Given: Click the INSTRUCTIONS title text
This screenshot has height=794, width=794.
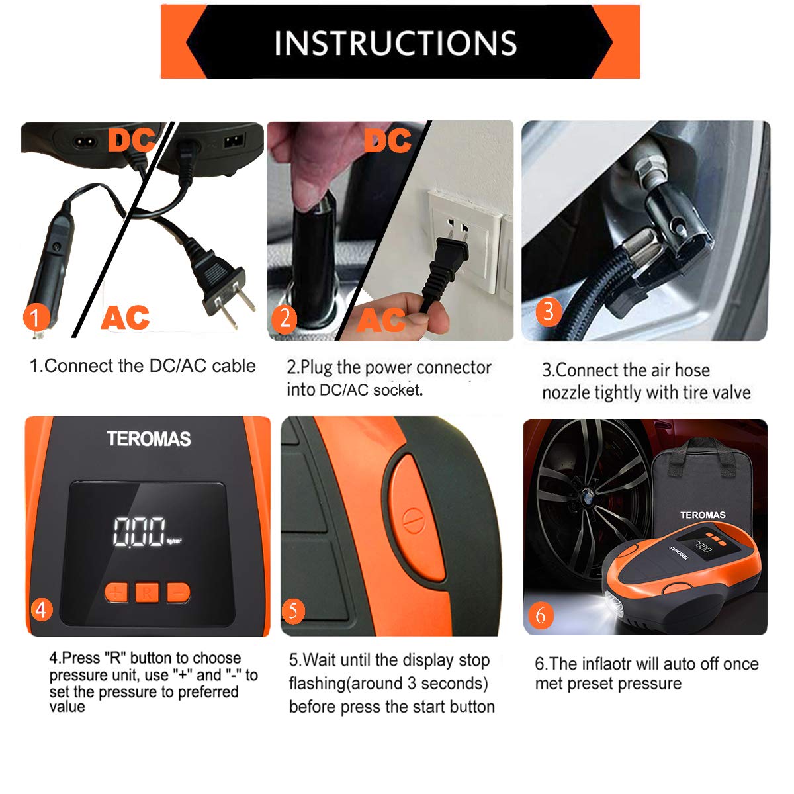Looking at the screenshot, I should (x=395, y=43).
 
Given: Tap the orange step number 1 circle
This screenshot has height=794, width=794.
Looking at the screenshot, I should (x=36, y=317).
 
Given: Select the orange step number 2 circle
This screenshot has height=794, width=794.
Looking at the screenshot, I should (x=285, y=318).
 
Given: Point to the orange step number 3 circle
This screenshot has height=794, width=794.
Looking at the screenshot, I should (x=547, y=310).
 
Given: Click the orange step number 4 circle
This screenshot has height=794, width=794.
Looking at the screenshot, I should (x=41, y=609).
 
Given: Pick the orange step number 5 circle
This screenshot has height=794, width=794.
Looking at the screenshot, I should (x=293, y=610).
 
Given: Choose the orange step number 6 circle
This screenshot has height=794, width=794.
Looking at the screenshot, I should (x=540, y=615).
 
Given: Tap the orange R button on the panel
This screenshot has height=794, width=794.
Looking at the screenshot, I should (x=147, y=592).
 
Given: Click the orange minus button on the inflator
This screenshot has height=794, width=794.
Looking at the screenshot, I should (x=178, y=592).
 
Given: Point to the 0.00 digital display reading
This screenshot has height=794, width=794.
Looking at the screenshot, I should (x=139, y=532).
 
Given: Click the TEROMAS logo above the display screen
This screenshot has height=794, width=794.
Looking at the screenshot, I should (x=148, y=439).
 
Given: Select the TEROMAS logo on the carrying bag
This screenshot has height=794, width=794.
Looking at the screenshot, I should (x=702, y=515).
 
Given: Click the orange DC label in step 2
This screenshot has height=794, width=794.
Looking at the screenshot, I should (x=387, y=141).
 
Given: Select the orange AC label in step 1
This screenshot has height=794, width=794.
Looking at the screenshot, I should (x=125, y=318).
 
